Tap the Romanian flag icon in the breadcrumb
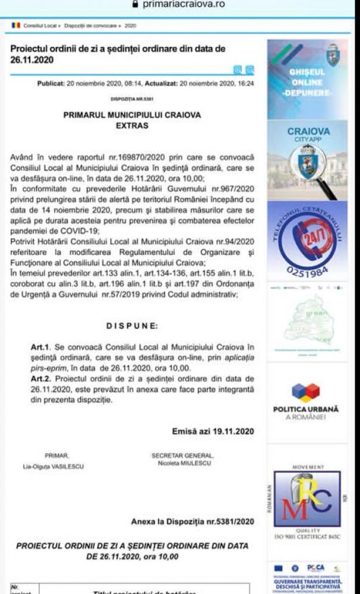coord(16,26)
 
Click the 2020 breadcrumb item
coord(131,26)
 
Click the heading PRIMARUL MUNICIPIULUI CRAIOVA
coord(132,115)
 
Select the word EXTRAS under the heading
coord(132,126)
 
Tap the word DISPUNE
coord(132,326)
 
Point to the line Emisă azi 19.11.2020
coord(213,431)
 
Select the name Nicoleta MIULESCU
coord(183,463)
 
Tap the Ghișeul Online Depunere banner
coord(307,75)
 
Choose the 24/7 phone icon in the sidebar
coord(307,236)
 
